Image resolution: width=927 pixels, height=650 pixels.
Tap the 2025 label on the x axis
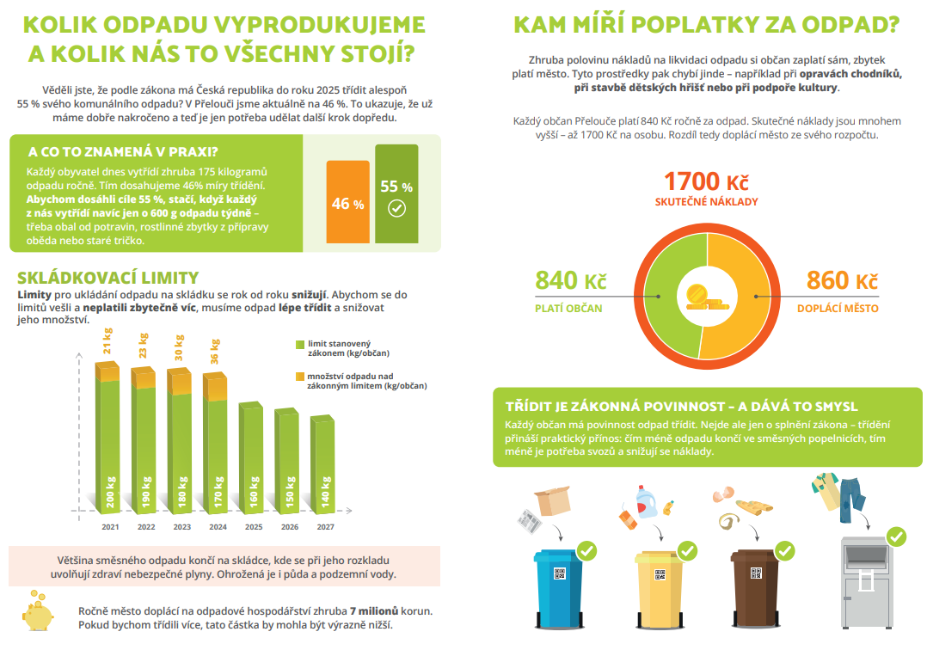click(x=254, y=527)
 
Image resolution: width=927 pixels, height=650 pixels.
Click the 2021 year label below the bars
click(x=110, y=527)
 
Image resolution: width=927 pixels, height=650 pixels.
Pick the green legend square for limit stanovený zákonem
click(x=299, y=345)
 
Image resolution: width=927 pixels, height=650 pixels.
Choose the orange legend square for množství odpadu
click(x=299, y=377)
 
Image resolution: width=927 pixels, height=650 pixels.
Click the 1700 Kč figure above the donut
click(x=706, y=182)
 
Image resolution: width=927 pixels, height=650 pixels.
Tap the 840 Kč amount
click(x=570, y=281)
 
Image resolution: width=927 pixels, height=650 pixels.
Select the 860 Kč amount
click(x=842, y=281)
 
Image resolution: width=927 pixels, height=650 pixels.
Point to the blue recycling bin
click(x=558, y=587)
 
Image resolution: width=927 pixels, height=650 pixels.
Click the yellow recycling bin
click(x=659, y=587)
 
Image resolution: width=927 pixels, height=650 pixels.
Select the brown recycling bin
click(x=756, y=587)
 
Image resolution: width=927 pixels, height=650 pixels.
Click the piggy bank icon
click(x=39, y=610)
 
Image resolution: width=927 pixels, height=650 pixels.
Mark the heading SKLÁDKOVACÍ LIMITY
click(x=107, y=279)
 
